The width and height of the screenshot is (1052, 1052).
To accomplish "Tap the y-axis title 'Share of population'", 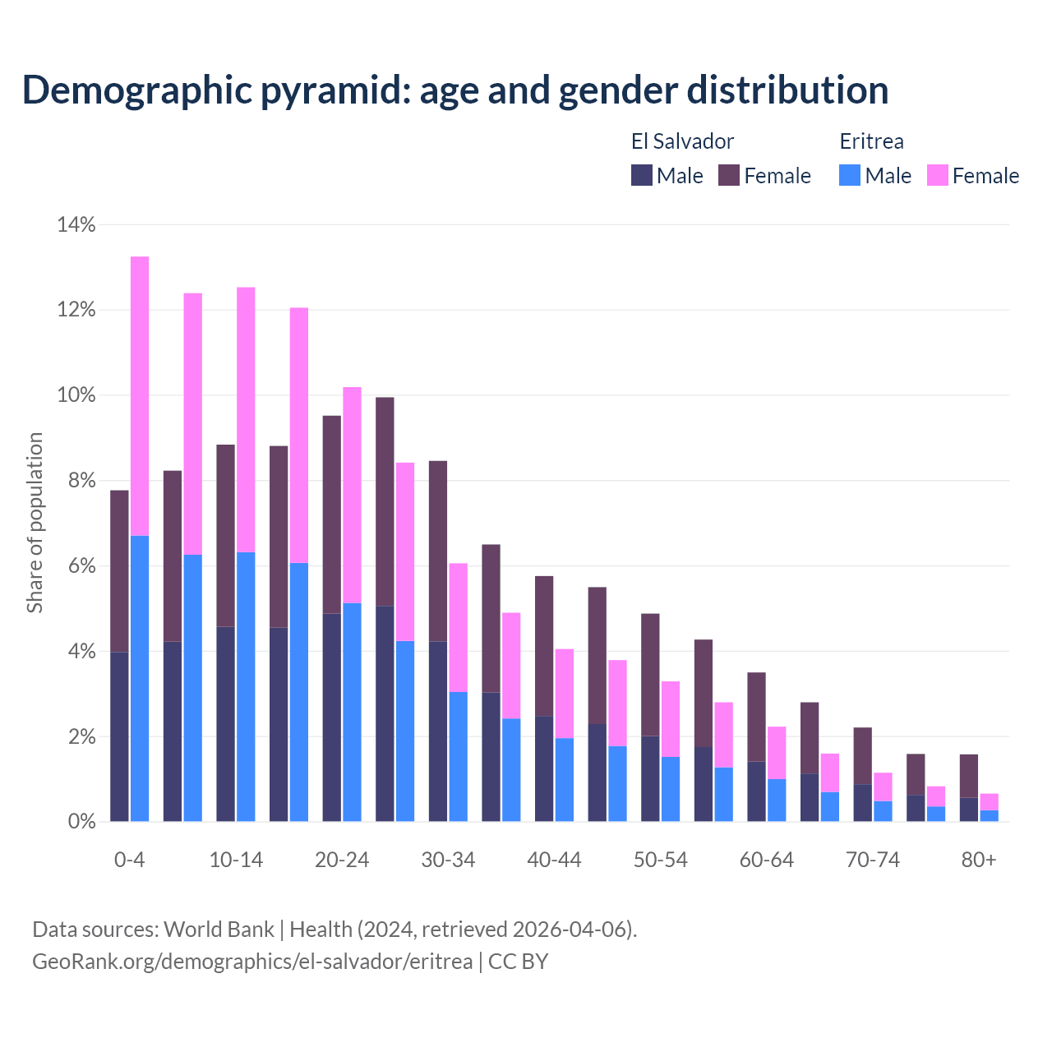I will pos(35,523).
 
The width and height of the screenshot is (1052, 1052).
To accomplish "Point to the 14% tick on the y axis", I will pos(76,224).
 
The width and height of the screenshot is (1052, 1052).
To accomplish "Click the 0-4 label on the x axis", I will pos(129,860).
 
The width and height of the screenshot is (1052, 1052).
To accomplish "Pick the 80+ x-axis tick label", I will pos(979,860).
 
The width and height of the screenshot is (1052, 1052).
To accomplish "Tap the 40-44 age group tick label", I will pos(554,860).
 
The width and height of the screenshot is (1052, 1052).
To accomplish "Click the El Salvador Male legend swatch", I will pos(642,175).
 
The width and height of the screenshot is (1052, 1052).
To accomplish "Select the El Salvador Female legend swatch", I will pos(729,175).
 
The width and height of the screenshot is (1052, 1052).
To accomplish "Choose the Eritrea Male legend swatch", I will pos(850,175).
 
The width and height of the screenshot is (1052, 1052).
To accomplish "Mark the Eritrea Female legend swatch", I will pos(938,175).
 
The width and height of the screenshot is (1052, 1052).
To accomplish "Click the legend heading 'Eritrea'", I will pos(871,141).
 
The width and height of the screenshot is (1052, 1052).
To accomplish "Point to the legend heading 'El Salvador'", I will pos(682,141).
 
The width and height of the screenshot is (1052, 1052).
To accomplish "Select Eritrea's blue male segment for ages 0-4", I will pos(140,678).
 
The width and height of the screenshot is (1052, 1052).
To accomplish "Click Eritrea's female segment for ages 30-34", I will pos(458,627).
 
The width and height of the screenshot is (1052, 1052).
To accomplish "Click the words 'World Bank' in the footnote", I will pos(219,930).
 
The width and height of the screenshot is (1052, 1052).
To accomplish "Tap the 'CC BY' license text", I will pos(518,961).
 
